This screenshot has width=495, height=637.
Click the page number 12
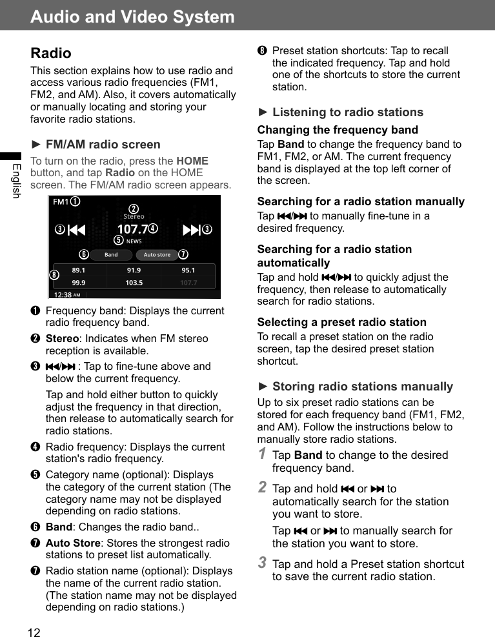(34, 632)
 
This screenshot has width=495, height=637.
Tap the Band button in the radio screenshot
(111, 255)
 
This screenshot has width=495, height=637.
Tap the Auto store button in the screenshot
(157, 255)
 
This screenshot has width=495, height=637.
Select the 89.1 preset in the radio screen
(79, 270)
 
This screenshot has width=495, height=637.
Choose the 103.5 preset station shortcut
(134, 283)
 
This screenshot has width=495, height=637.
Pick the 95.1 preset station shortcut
(188, 270)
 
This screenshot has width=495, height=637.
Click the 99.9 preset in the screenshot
(79, 283)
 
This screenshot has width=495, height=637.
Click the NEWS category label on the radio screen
(134, 241)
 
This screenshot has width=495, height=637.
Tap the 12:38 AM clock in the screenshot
(66, 295)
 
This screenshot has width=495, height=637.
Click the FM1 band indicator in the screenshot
(61, 202)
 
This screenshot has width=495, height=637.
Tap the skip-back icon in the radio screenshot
(77, 230)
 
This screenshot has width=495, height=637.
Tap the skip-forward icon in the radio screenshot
(192, 230)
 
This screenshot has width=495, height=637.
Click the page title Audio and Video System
(132, 17)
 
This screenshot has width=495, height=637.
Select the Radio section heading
(51, 53)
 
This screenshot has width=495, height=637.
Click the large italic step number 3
(262, 563)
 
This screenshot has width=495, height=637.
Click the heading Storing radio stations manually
(362, 387)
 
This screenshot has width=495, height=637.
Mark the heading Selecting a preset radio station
(341, 322)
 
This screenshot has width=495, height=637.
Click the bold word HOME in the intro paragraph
(192, 161)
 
